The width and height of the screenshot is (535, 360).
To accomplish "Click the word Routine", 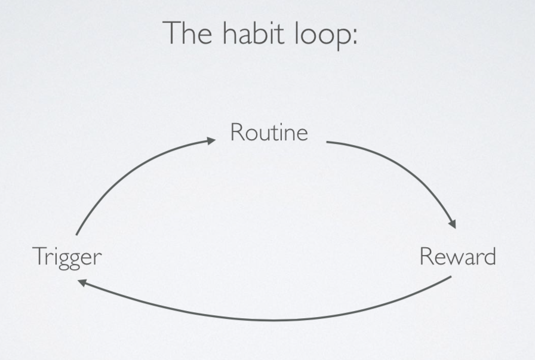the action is tap(269, 132).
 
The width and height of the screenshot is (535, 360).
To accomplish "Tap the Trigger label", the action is tap(67, 257).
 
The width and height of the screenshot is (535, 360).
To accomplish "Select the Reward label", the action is tap(457, 256).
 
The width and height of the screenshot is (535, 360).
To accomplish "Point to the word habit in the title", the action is tap(254, 32).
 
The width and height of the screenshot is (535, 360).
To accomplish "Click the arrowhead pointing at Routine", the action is tap(211, 140).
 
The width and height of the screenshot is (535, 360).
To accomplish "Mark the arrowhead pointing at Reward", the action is tap(453, 224).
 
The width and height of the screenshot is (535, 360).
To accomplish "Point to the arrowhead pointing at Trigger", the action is tap(82, 282).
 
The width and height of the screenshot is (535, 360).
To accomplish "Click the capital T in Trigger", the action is tap(39, 256).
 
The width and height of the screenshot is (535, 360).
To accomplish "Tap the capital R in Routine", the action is tap(236, 132).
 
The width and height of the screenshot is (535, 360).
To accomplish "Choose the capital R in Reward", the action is tap(426, 256).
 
